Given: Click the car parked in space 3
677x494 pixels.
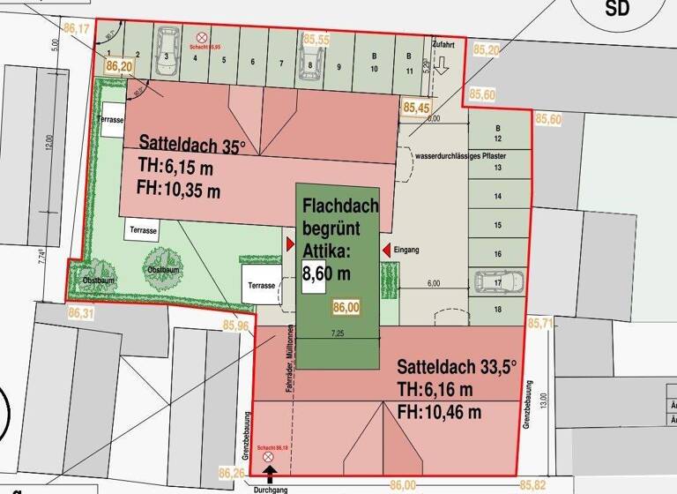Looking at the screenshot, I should pos(166,43).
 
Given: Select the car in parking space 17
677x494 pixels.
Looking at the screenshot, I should pos(498,281).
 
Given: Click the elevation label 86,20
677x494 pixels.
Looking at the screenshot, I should pos(119,66).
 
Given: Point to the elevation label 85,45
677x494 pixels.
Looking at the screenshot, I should pos(416,108).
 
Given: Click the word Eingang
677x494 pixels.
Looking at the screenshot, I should pos(406,250).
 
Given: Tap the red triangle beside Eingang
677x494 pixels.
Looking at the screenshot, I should pos(385,251).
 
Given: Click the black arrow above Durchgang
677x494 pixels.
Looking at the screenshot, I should pos(270,474).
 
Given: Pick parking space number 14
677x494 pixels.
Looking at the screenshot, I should pos(497,196).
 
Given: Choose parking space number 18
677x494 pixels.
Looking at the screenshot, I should pos(497,309).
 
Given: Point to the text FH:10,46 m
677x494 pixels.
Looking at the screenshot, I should pos(438,412).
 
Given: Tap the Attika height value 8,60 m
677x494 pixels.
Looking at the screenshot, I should pos(326,273).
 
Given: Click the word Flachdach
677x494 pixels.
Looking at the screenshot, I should pos(340,206).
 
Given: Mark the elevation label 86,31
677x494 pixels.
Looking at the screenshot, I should pos(79,312).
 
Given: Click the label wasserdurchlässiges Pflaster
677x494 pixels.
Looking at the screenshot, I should pos(463,155).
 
